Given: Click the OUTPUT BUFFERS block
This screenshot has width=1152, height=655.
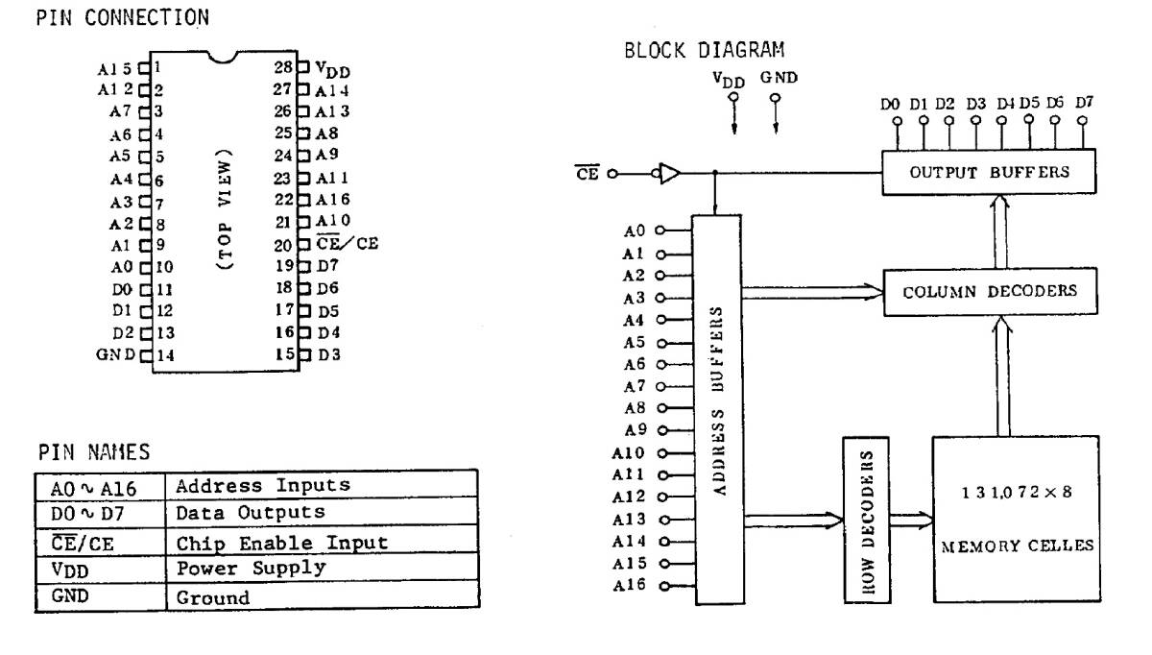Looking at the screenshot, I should pos(989,174).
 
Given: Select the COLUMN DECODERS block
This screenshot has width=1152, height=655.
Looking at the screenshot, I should pos(989,291).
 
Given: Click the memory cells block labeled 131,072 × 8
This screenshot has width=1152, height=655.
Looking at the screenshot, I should pos(1016,519).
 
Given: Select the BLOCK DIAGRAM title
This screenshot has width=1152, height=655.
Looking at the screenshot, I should pos(704,50).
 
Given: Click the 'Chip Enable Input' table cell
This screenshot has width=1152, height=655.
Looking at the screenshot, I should pos(281,542).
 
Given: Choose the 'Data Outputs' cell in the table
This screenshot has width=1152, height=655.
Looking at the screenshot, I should pos(250,513).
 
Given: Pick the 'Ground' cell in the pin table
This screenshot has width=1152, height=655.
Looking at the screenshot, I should pos(211,597).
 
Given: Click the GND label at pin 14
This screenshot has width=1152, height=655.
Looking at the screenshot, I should pos(116,354).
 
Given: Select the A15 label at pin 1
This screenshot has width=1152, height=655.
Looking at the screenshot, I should pos(119,69).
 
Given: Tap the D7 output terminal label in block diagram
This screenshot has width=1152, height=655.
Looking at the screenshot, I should pos(1084,102).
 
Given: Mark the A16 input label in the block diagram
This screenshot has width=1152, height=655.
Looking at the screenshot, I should pos(636,586).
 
